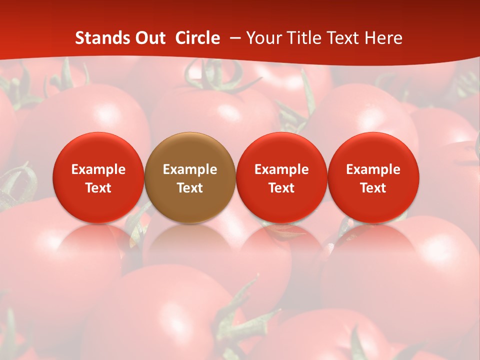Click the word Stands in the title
pyautogui.click(x=98, y=38)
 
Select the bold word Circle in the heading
pyautogui.click(x=197, y=38)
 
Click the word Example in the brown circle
pyautogui.click(x=190, y=169)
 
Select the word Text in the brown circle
pyautogui.click(x=190, y=188)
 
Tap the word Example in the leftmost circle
pyautogui.click(x=98, y=169)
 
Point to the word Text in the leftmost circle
pyautogui.click(x=98, y=188)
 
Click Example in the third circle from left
pyautogui.click(x=281, y=169)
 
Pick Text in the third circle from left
pyautogui.click(x=281, y=188)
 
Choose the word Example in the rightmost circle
pyautogui.click(x=373, y=169)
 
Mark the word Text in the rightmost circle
pyautogui.click(x=373, y=188)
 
